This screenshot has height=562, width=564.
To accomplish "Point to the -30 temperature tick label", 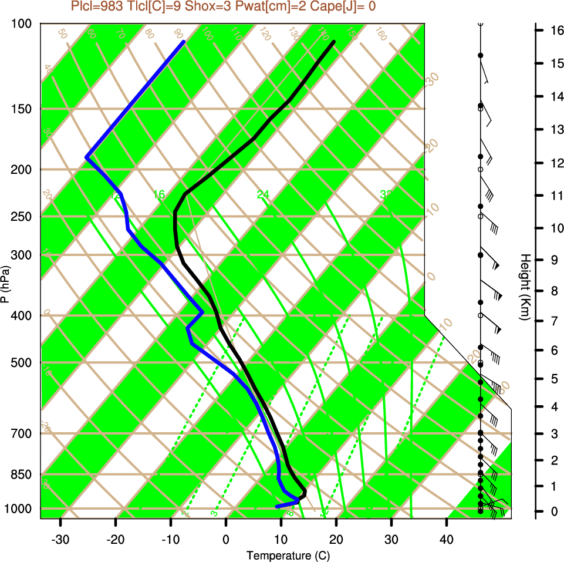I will [x=60, y=539].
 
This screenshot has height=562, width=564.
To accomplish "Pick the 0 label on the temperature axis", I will [x=226, y=539].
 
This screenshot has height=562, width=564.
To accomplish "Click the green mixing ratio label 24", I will [x=263, y=194].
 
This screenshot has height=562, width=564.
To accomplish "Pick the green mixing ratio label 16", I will [x=158, y=194].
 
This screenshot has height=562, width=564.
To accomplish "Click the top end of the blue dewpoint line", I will [x=184, y=42].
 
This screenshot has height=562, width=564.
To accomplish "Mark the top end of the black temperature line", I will [x=334, y=42].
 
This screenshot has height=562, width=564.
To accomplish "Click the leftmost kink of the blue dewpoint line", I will [x=87, y=157].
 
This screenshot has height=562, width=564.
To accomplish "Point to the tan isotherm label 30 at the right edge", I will [x=433, y=79].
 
